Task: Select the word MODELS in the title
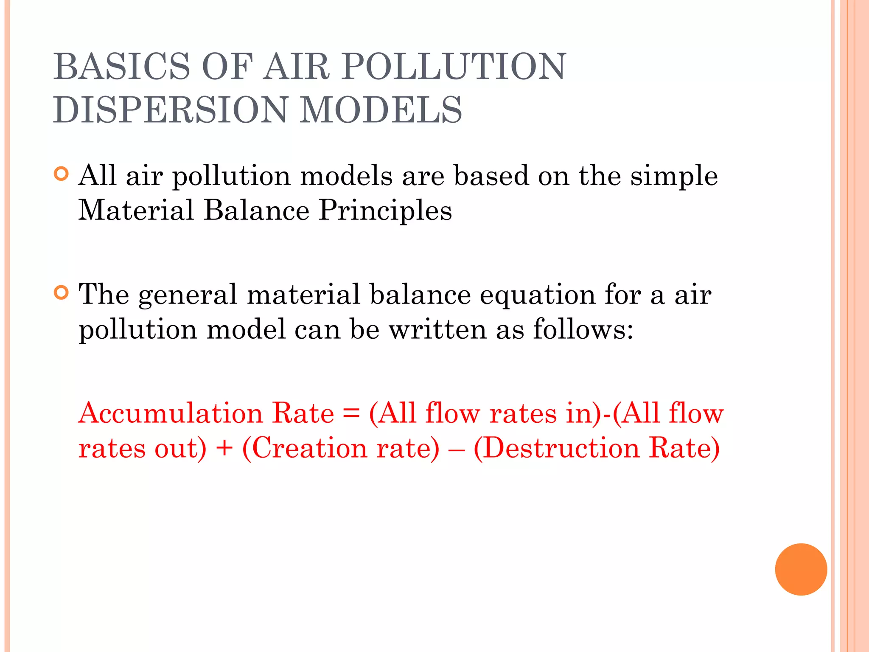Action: pos(381,110)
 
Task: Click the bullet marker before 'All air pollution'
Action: pos(62,174)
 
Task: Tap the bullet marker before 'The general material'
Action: pos(62,293)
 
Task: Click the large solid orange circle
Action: pos(801,569)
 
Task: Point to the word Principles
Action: pos(385,211)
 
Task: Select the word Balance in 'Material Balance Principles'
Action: pos(256,211)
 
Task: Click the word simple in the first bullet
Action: pos(674,177)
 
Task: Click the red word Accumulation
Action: pos(171,413)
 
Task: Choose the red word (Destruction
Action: pos(556,448)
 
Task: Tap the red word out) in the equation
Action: pos(180,448)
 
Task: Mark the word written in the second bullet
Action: pos(437,329)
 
